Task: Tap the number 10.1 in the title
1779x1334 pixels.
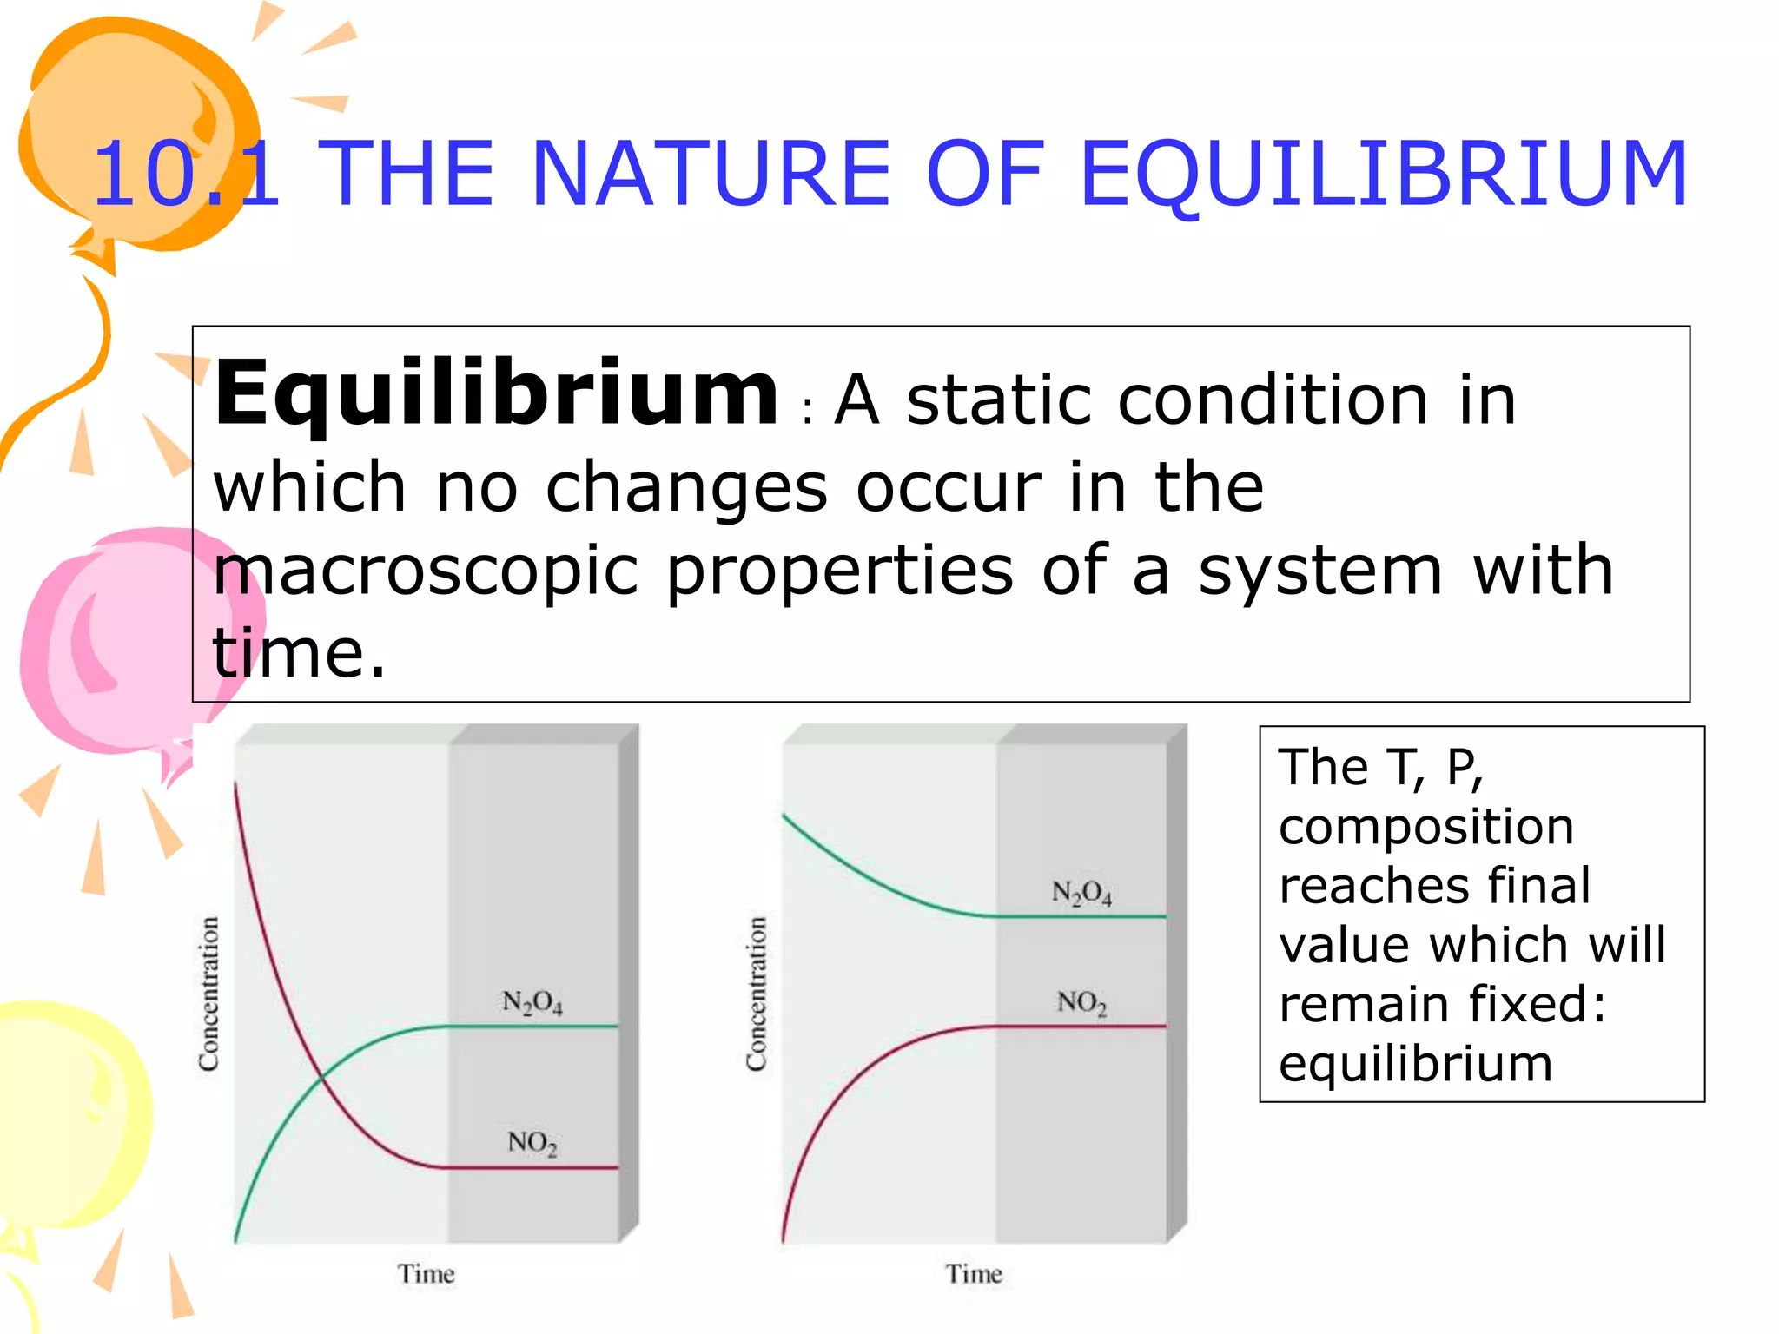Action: tap(186, 175)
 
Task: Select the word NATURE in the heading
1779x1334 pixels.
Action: tap(710, 175)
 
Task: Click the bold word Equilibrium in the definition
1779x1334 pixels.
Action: tap(496, 395)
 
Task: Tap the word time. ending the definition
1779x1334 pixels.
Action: tap(298, 653)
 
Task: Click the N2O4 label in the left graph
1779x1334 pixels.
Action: tap(532, 1003)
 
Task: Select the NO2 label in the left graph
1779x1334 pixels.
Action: tap(532, 1143)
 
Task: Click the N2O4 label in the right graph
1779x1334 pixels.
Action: tap(1081, 893)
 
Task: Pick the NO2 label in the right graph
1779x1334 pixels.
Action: tap(1081, 1003)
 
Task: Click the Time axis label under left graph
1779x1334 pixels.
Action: tap(427, 1274)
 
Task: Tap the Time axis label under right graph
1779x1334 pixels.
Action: tap(974, 1274)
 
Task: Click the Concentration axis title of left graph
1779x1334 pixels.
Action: tap(209, 994)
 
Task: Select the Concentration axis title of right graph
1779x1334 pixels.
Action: tap(757, 994)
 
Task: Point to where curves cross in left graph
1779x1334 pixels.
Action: tap(321, 1078)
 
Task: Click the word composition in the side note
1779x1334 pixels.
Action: tap(1426, 827)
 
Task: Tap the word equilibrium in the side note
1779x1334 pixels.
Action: tap(1415, 1064)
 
